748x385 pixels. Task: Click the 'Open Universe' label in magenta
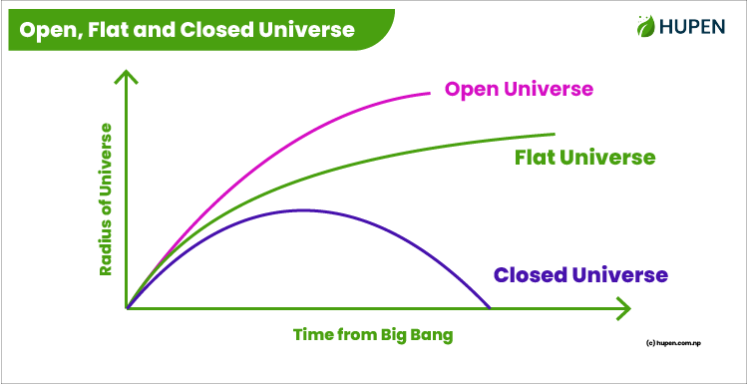tap(519, 90)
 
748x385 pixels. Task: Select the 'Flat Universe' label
tap(584, 158)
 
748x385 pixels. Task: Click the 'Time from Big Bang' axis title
tap(373, 335)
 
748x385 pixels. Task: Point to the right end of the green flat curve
tap(553, 134)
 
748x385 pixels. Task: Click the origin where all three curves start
tap(128, 307)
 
